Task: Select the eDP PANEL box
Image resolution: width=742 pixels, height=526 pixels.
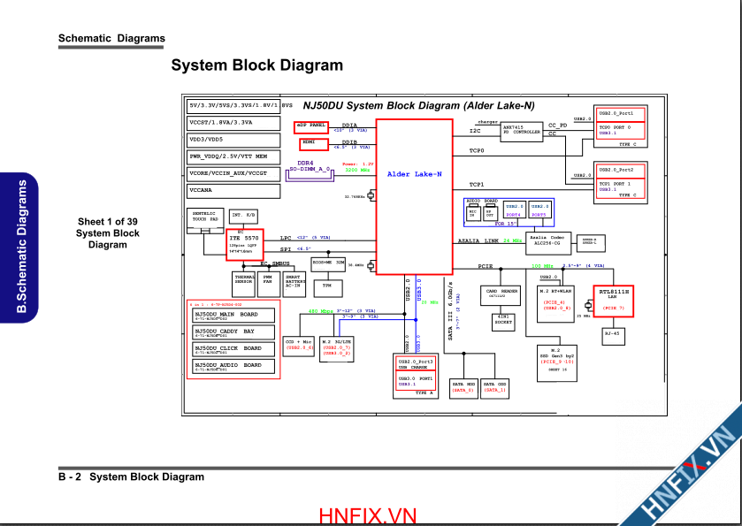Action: point(311,126)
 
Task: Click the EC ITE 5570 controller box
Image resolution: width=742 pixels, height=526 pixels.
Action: point(245,242)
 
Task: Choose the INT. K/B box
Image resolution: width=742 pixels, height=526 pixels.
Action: point(243,215)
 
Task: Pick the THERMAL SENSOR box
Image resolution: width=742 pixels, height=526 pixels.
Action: point(243,282)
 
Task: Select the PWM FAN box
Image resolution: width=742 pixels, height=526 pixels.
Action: point(268,282)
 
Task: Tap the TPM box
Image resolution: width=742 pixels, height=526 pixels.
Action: point(326,286)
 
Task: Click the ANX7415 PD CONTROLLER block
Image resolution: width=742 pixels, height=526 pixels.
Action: point(521,130)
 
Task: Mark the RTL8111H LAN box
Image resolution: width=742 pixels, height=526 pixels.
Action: point(614,299)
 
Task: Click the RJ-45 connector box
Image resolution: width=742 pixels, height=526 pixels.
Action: point(613,334)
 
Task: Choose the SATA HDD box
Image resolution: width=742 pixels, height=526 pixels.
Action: point(463,386)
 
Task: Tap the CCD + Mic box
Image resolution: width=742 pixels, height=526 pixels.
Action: point(299,345)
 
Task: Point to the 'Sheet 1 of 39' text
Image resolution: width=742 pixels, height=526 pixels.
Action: point(107,221)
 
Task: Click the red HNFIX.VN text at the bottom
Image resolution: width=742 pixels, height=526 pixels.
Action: point(368,515)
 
